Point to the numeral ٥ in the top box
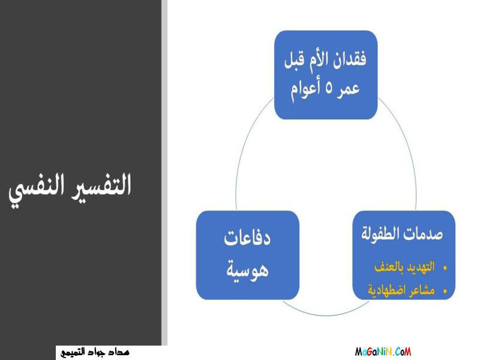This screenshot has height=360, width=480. [328, 89]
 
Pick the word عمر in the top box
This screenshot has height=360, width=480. [348, 89]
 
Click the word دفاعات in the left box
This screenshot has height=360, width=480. [247, 238]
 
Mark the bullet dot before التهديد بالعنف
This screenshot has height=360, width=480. [445, 268]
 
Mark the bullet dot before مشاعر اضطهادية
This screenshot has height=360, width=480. [445, 291]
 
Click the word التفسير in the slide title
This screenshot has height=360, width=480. [101, 185]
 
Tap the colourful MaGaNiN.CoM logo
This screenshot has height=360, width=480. [383, 352]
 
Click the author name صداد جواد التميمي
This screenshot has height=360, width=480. [95, 352]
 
